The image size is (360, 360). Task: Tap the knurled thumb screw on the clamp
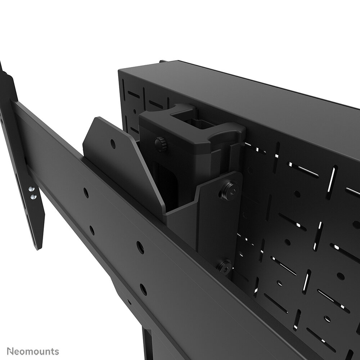tap(161, 144)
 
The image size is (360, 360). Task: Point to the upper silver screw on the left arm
tap(32, 189)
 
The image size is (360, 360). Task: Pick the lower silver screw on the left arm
tap(33, 197)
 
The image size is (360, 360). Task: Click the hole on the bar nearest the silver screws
tap(86, 193)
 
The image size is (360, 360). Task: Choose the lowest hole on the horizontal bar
tap(143, 289)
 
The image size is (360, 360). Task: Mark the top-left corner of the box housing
tap(120, 71)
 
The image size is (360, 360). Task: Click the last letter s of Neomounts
tap(57, 351)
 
